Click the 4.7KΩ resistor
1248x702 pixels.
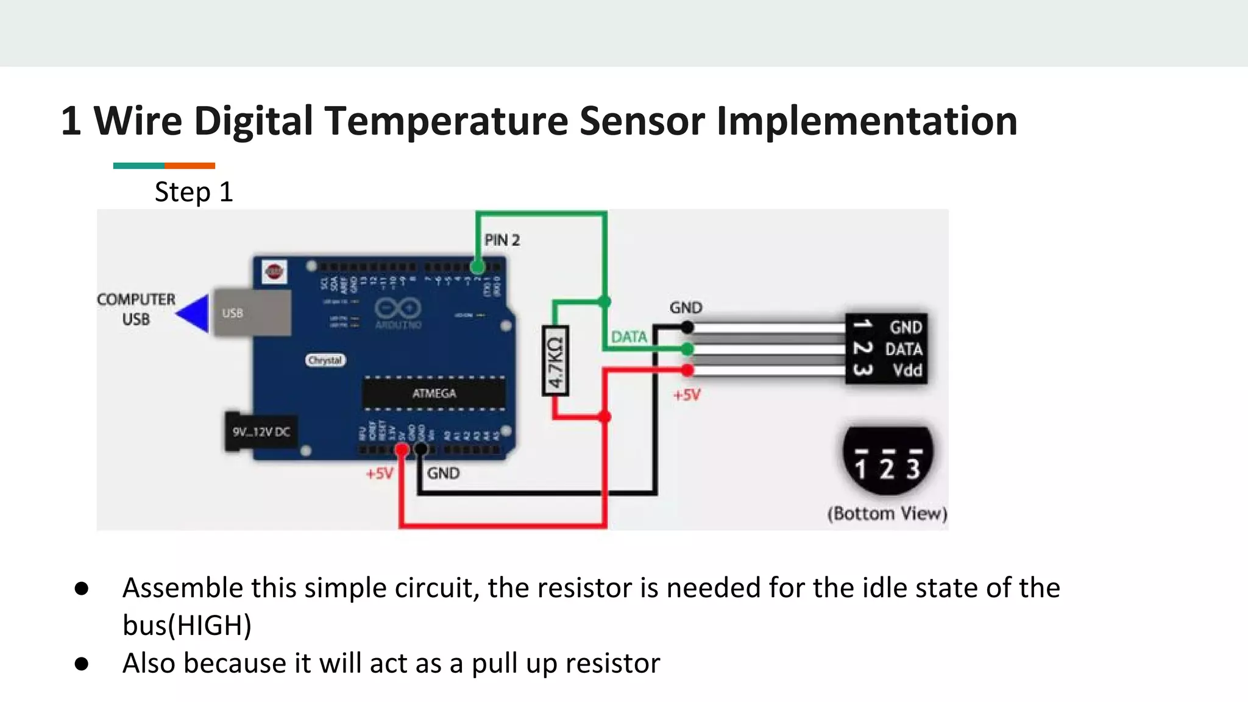coord(555,361)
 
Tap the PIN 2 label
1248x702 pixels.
coord(502,240)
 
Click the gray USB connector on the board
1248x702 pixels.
coord(252,313)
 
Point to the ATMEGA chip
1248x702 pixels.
coord(434,394)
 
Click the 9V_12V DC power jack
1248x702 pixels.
coord(261,432)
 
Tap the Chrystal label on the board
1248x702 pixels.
coord(325,360)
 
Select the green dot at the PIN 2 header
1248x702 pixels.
coord(477,266)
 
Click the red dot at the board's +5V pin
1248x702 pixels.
coord(402,450)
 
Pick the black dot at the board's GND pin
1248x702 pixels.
coord(421,450)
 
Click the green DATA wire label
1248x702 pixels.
coord(629,337)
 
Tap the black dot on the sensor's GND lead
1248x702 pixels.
coord(687,328)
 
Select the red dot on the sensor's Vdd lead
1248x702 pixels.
coord(687,370)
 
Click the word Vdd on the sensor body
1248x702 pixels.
coord(907,370)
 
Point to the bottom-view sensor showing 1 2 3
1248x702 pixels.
coord(887,461)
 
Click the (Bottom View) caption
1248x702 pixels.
coord(887,514)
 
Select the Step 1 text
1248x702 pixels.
coord(194,193)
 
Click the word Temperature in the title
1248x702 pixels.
coord(446,121)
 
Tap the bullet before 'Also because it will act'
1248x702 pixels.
coord(82,664)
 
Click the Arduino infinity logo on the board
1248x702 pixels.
coord(398,308)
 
